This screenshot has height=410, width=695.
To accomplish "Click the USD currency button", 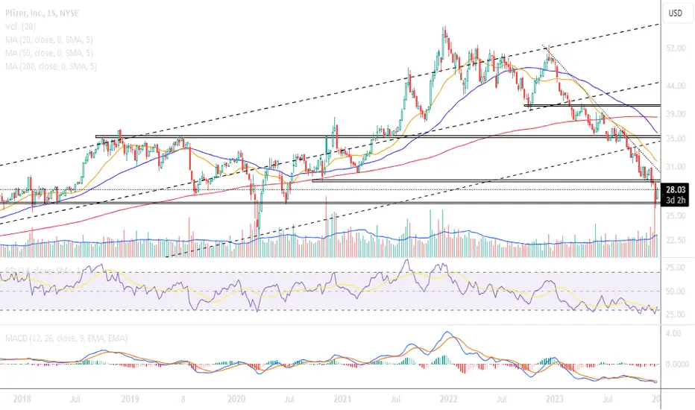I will (x=676, y=13).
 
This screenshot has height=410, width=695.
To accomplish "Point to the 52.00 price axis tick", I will (x=676, y=48).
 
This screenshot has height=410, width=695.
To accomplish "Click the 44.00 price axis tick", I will (x=676, y=86).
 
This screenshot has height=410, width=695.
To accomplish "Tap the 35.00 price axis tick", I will (x=676, y=139).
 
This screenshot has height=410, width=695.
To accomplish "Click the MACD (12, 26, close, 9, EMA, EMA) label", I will (x=64, y=338).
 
